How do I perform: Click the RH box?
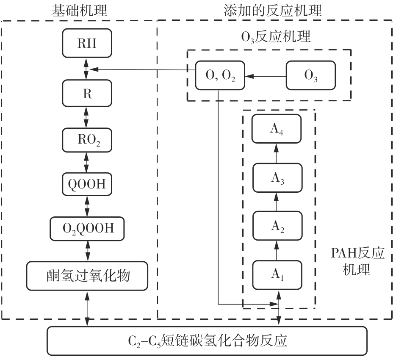(87, 43)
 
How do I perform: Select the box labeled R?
(87, 93)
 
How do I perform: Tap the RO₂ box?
(87, 139)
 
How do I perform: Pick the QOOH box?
(87, 183)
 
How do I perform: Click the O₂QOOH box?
(88, 229)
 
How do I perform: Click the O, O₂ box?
(220, 76)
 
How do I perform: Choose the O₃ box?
(311, 76)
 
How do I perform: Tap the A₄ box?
(277, 129)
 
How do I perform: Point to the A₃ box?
(277, 178)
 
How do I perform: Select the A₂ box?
(277, 227)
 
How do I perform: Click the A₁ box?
(277, 275)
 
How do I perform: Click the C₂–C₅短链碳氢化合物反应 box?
(208, 341)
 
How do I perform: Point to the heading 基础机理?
(79, 10)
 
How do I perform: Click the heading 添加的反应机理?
(273, 10)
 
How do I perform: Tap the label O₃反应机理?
(276, 37)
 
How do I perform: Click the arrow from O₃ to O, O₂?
(266, 76)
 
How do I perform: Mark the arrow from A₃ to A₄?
(277, 153)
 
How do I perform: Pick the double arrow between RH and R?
(87, 69)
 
